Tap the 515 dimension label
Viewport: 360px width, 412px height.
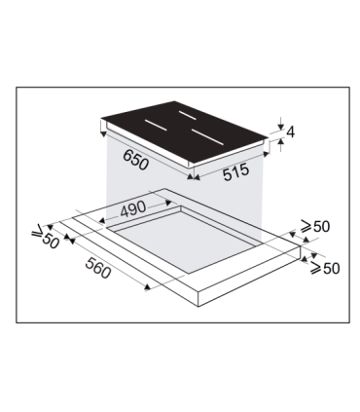(x=230, y=170)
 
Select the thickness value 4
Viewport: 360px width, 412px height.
(x=288, y=133)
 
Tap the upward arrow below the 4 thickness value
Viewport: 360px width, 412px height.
(x=280, y=144)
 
